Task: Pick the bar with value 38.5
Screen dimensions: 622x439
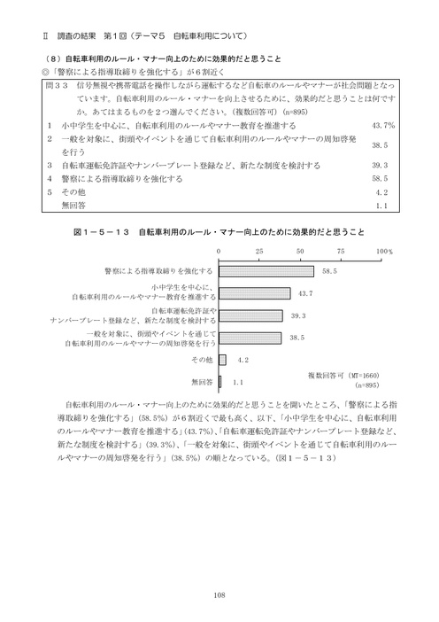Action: (249, 338)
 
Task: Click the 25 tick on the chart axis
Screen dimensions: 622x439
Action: (258, 252)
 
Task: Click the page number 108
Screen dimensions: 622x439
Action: (219, 595)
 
